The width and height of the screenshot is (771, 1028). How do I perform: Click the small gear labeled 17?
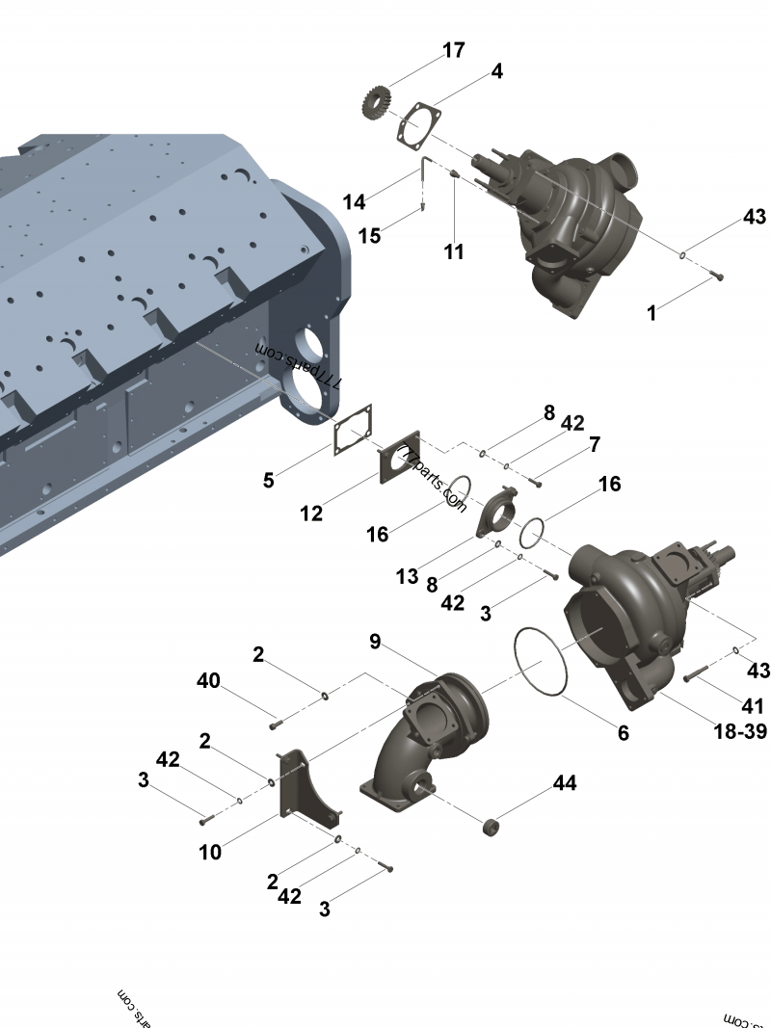(377, 100)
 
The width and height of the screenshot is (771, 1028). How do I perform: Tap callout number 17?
(454, 51)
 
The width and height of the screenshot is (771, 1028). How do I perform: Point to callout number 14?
(354, 201)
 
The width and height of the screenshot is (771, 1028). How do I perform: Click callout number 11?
(454, 252)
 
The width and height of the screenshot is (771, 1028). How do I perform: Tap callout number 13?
(407, 576)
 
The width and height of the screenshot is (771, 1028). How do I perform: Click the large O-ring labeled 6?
(540, 662)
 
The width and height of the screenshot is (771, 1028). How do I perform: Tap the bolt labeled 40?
(277, 719)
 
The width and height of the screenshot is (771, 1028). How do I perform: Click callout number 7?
(595, 444)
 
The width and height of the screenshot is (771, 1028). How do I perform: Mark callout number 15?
(370, 235)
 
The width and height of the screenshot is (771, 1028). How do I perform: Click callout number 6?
(624, 733)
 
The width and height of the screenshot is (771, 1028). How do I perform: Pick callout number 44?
(565, 783)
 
